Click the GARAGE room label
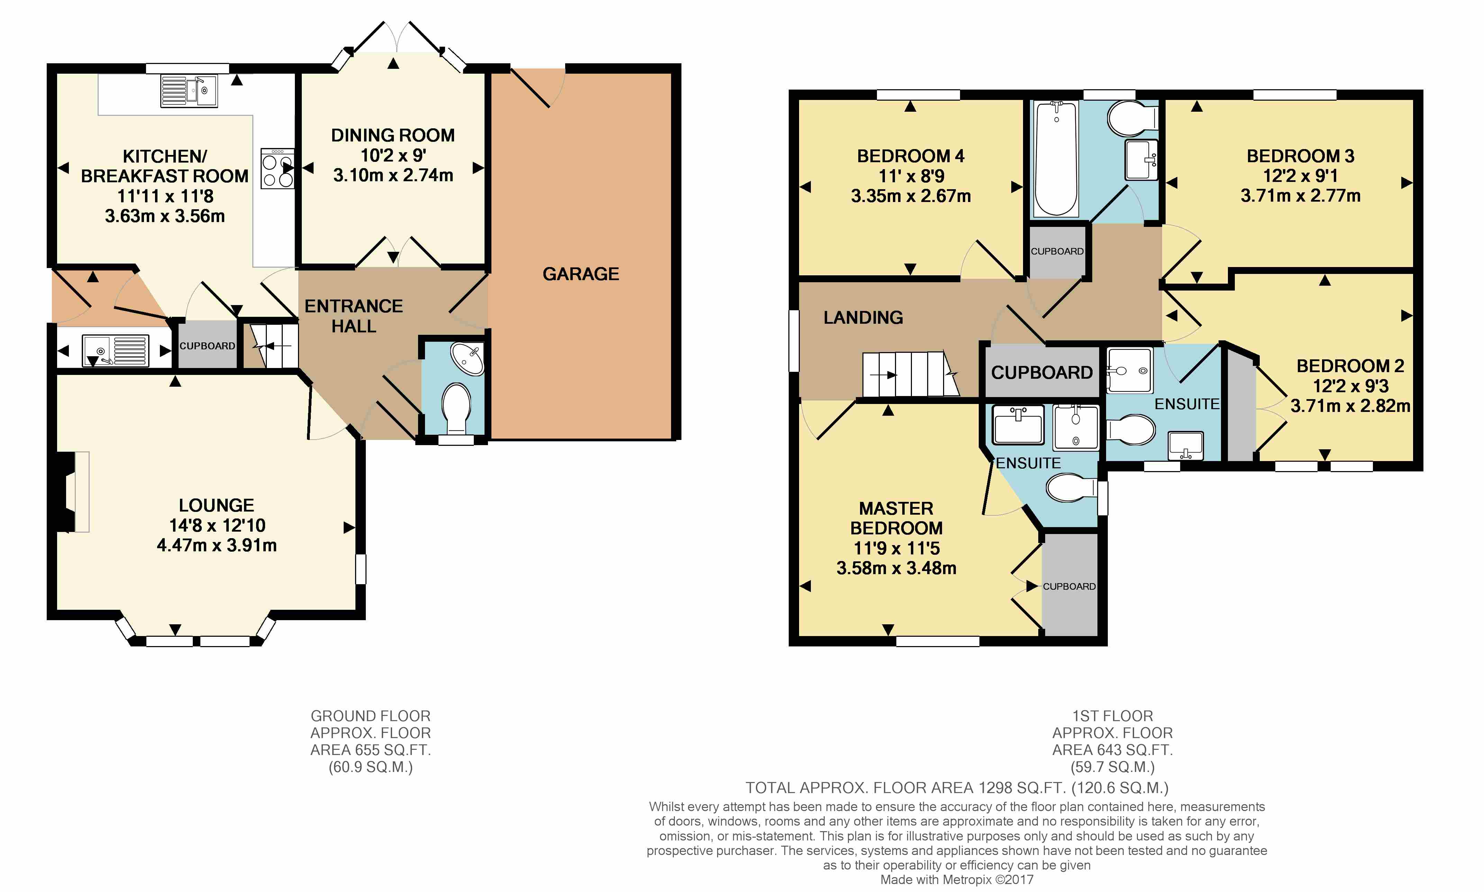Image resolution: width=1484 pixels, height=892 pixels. pyautogui.click(x=580, y=274)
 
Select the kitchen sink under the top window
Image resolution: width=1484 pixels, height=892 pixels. pyautogui.click(x=189, y=91)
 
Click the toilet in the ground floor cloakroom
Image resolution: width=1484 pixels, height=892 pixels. pyautogui.click(x=456, y=409)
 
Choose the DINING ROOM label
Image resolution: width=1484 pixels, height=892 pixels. pyautogui.click(x=393, y=135)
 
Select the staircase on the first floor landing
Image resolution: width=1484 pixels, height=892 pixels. pyautogui.click(x=910, y=375)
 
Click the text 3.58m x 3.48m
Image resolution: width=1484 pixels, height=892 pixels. pyautogui.click(x=896, y=568)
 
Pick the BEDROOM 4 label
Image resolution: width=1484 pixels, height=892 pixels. pyautogui.click(x=910, y=156)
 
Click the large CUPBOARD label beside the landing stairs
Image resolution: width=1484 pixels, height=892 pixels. pyautogui.click(x=1041, y=373)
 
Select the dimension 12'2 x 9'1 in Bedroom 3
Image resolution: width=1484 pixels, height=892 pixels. pyautogui.click(x=1300, y=175)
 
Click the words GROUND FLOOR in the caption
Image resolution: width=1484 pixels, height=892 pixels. pyautogui.click(x=370, y=716)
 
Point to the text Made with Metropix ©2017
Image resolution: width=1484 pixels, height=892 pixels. pyautogui.click(x=957, y=880)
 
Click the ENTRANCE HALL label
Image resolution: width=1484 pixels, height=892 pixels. pyautogui.click(x=354, y=316)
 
